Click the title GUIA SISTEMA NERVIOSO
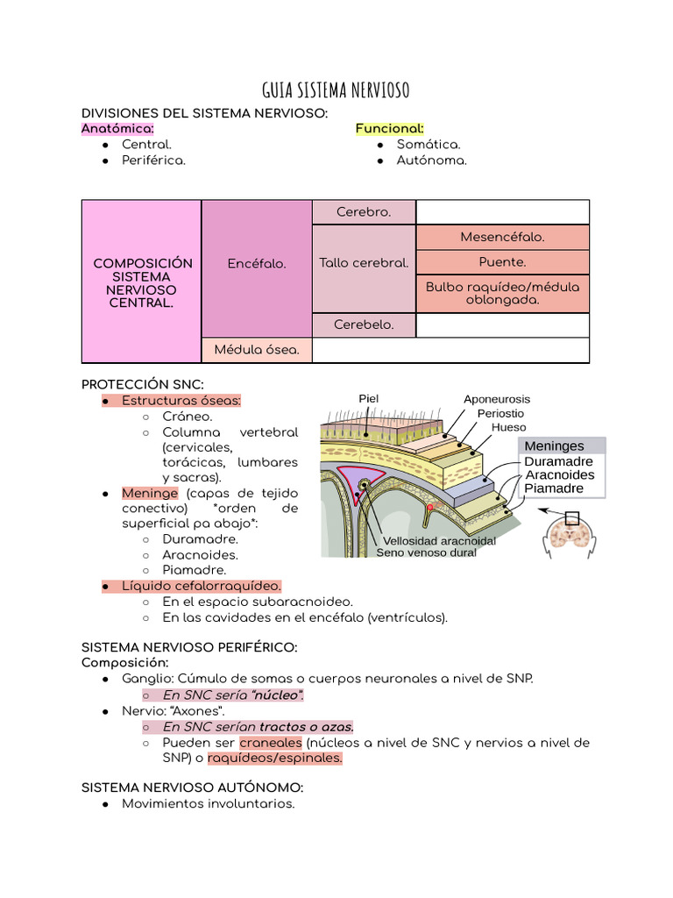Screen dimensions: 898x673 tap(336, 90)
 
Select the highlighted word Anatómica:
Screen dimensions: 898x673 tap(117, 128)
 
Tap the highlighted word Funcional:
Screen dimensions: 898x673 tap(389, 128)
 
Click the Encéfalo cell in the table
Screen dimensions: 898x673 tap(257, 263)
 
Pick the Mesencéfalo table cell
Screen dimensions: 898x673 tap(502, 237)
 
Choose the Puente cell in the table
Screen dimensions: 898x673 tap(502, 261)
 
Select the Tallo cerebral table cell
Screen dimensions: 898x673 tap(364, 263)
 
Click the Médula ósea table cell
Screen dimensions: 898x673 tap(257, 350)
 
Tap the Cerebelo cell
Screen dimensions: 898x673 tap(364, 324)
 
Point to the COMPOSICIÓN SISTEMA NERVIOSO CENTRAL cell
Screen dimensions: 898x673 tap(142, 282)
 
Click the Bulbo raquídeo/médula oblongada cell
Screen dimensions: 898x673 tap(502, 293)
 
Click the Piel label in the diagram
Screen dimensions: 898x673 tap(369, 398)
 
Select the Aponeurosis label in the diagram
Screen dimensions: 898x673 tap(497, 399)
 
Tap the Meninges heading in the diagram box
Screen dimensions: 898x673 tap(554, 445)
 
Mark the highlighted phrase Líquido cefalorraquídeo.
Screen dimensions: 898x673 tap(202, 585)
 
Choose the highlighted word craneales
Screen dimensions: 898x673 tap(271, 743)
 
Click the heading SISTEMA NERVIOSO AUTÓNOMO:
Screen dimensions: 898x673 tap(192, 788)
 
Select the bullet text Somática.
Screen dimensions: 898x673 tap(429, 144)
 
